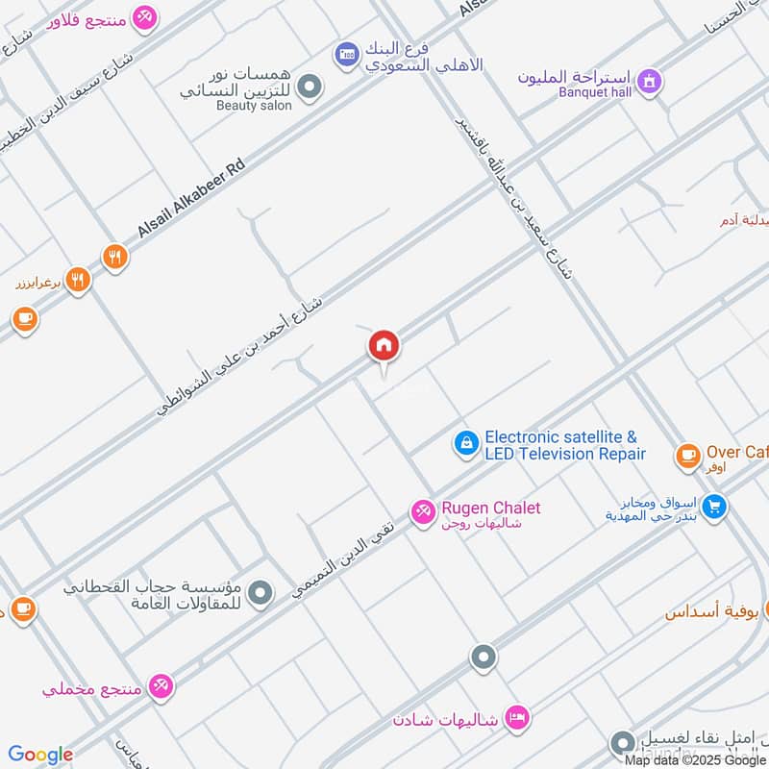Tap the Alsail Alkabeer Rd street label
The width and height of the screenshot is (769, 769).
tap(191, 198)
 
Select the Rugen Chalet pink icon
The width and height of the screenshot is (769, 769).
tap(422, 513)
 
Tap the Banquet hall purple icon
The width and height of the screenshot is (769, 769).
tap(651, 81)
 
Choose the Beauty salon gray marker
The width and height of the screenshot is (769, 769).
tap(310, 89)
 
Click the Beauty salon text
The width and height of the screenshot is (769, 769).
tap(254, 105)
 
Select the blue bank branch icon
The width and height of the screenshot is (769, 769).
tap(346, 56)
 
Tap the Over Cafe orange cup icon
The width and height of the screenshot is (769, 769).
tap(687, 455)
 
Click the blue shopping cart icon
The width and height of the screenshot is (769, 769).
tap(713, 506)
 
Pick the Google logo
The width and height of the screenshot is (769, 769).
tap(40, 755)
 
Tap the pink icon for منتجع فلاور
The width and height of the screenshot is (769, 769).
tap(144, 17)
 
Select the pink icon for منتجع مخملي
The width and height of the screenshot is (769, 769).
tap(161, 686)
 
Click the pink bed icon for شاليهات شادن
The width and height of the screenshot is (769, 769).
tap(517, 717)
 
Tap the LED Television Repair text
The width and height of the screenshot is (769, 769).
tap(565, 454)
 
